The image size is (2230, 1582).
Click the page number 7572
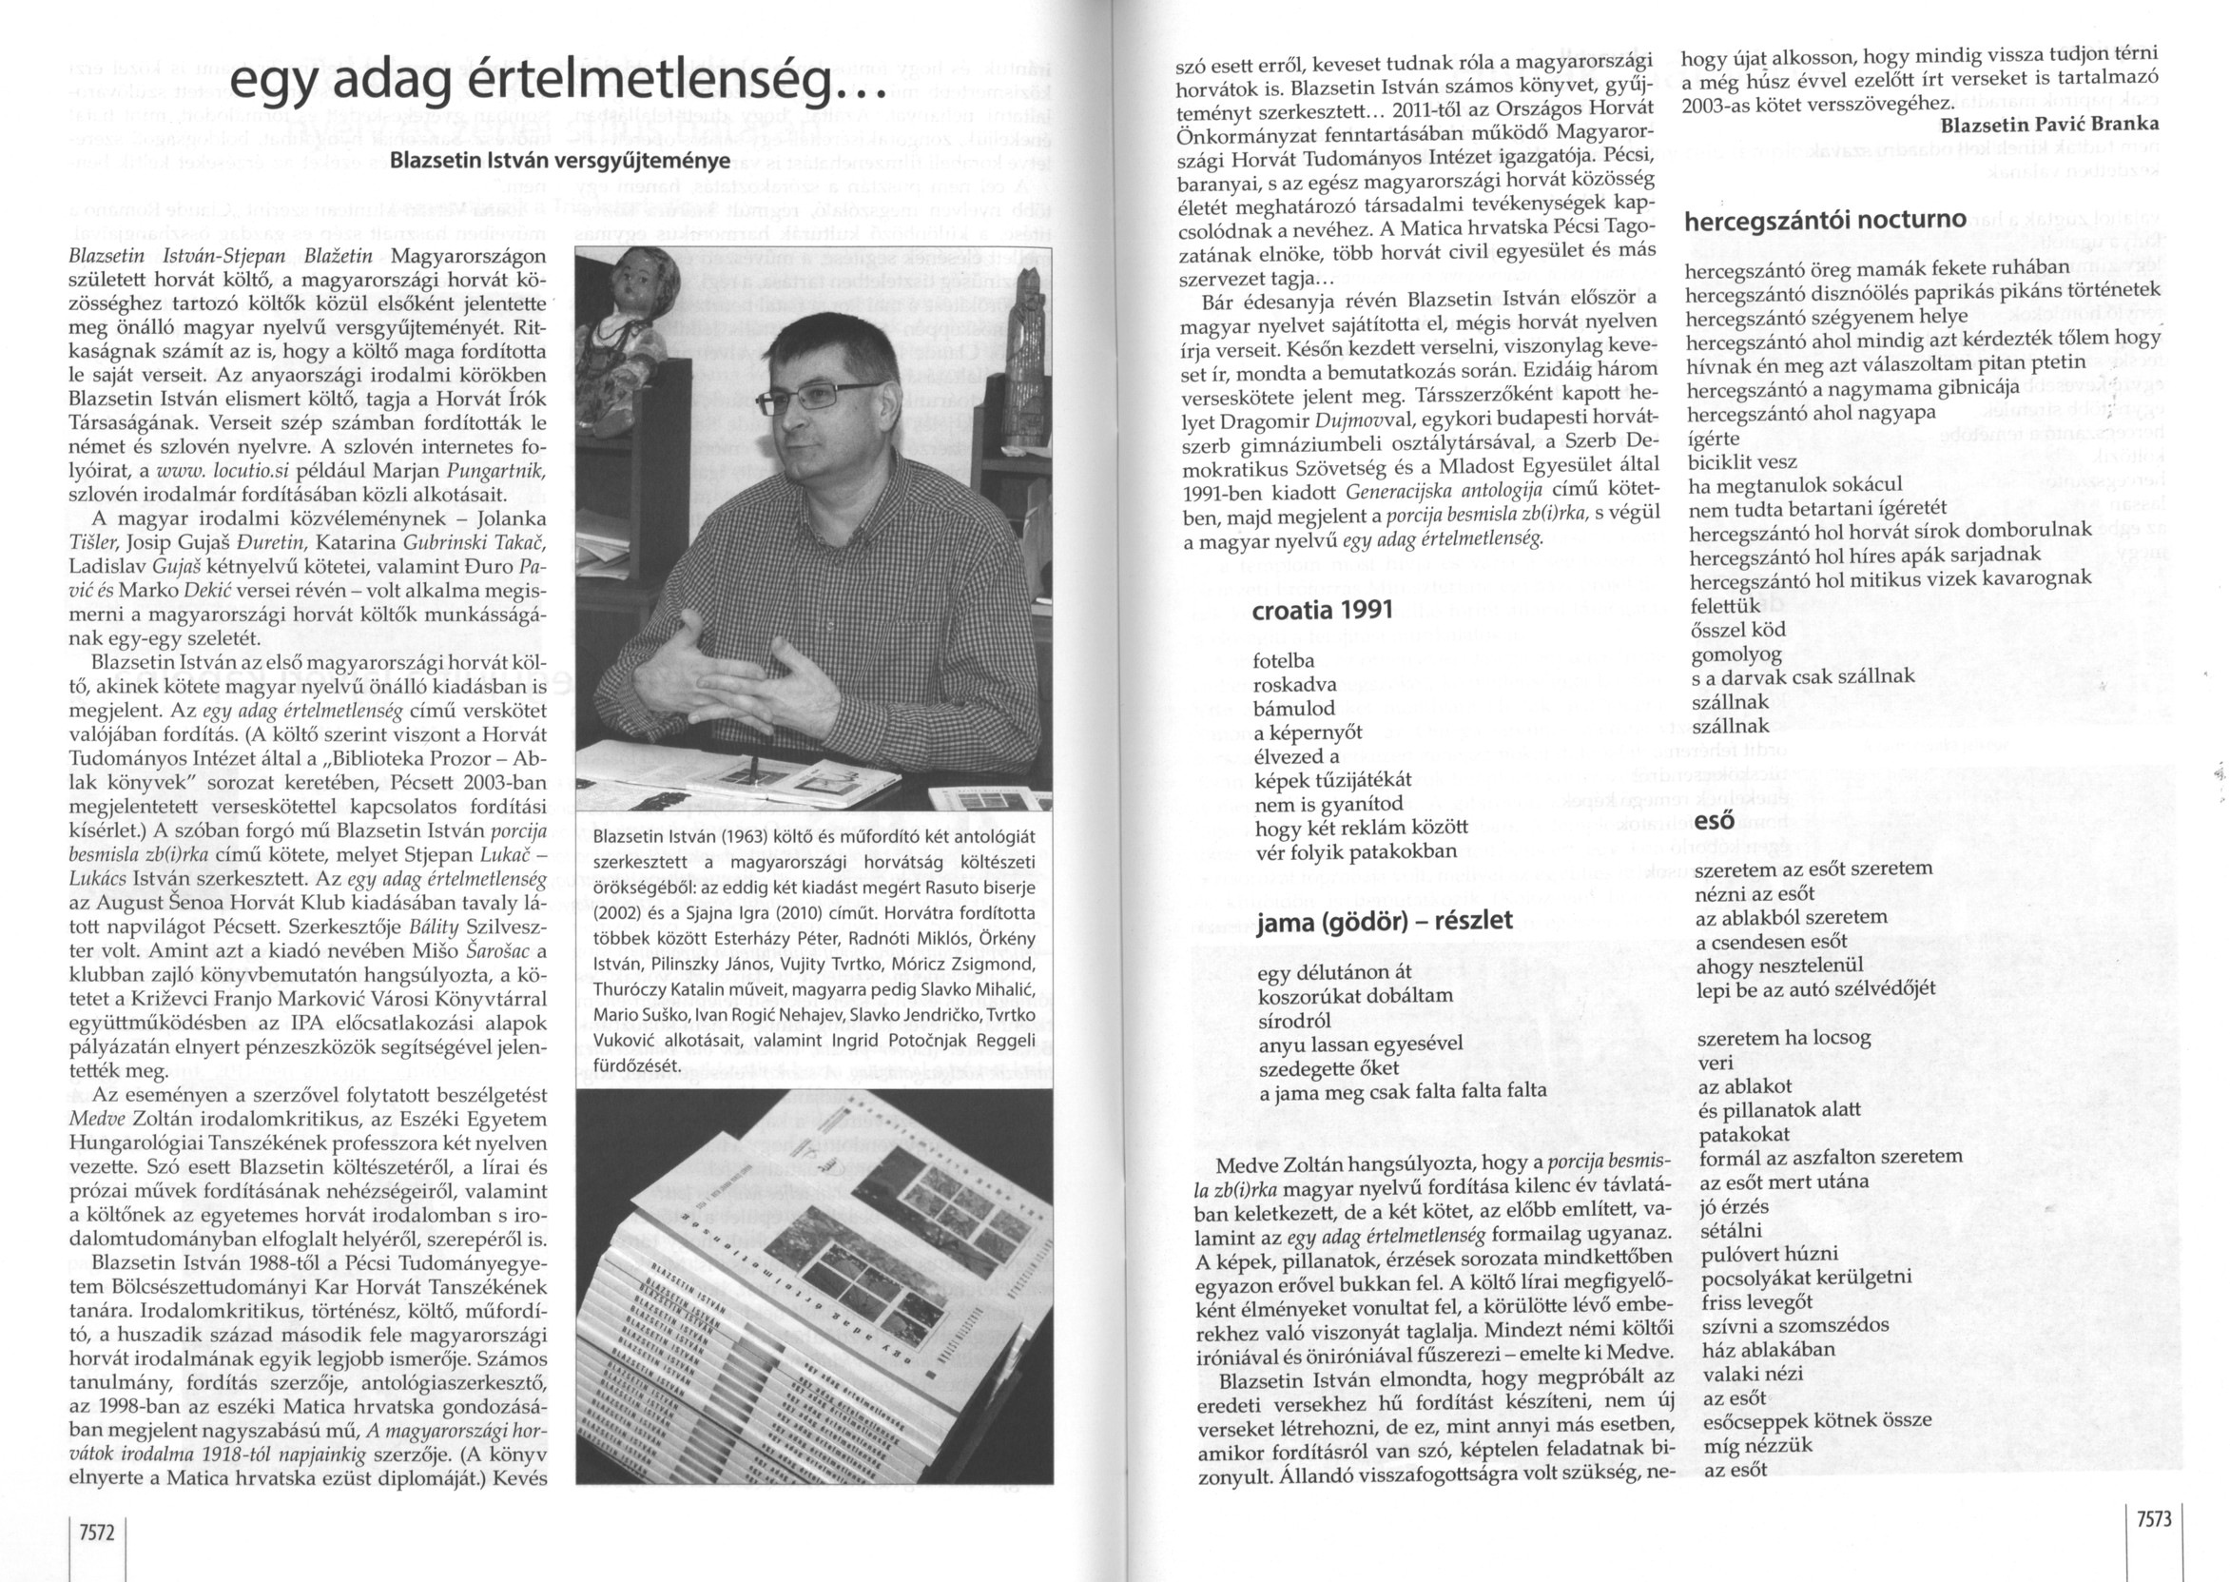click(97, 1533)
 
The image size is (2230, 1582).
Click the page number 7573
click(2153, 1519)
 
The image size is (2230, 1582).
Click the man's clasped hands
click(749, 662)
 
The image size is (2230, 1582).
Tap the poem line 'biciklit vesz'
click(1742, 461)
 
